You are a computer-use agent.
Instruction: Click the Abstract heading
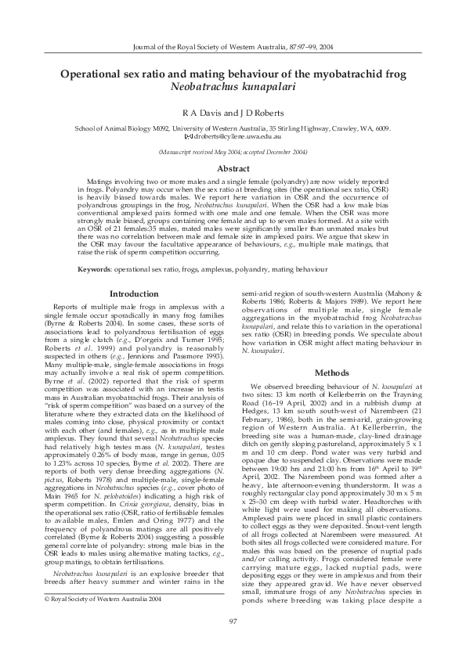click(233, 168)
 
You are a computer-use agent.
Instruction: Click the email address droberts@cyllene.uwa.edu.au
click(237, 137)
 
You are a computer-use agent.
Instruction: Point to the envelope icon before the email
click(186, 137)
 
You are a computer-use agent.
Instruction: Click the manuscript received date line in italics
click(233, 150)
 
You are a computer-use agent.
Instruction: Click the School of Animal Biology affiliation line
click(233, 127)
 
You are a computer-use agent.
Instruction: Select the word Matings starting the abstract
click(101, 180)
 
